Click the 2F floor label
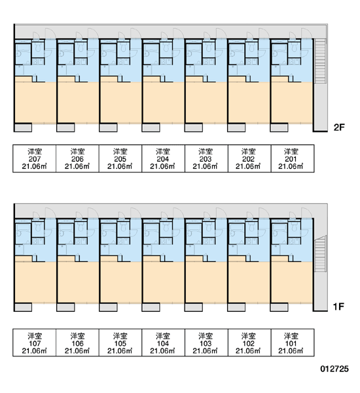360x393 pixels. tap(339, 127)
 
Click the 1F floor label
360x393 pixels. tap(338, 307)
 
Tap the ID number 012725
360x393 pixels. tap(334, 369)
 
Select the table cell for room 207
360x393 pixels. tap(34, 159)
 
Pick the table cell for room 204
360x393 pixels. tap(163, 159)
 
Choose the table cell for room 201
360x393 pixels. tap(293, 159)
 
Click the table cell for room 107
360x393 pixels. tap(34, 343)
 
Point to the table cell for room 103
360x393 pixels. tap(206, 343)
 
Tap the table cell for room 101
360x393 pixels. tap(293, 343)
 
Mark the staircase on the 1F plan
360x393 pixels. tap(320, 253)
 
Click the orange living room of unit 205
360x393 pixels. tap(121, 103)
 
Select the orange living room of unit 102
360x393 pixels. tap(249, 282)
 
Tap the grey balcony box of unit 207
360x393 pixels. tap(24, 127)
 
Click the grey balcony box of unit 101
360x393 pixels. tap(279, 307)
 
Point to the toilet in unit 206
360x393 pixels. tap(81, 47)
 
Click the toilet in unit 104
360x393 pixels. tap(166, 227)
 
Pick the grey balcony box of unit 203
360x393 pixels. tap(194, 127)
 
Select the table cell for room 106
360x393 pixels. tap(77, 343)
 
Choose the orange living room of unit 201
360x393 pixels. tap(292, 103)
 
